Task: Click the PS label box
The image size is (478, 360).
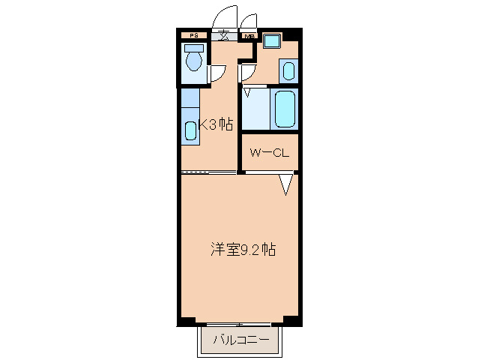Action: (x=194, y=35)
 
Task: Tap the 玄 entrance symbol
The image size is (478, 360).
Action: (x=223, y=35)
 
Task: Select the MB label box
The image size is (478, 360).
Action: (x=248, y=35)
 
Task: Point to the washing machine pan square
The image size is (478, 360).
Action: (x=271, y=42)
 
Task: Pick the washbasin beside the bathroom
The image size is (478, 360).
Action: (x=288, y=71)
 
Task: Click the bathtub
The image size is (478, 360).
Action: (x=285, y=109)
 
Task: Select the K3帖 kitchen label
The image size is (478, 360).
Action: (x=215, y=125)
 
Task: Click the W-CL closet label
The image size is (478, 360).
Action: (x=270, y=154)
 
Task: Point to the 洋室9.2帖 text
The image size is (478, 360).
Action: (x=241, y=250)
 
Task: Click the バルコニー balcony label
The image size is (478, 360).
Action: (x=241, y=340)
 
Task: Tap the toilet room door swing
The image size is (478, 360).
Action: (x=217, y=73)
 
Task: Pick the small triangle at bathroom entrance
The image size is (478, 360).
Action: (x=247, y=92)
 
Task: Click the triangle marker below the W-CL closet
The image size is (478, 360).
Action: (x=286, y=184)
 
